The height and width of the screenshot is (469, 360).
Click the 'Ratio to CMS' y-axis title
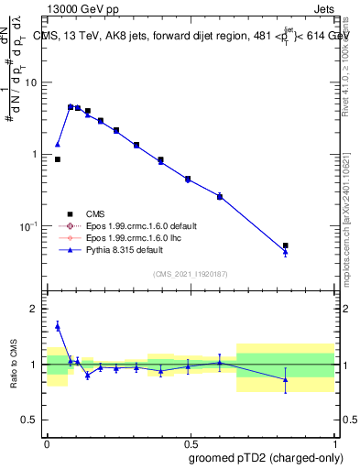coord(15,365)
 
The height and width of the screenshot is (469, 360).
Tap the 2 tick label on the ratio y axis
coord(34,310)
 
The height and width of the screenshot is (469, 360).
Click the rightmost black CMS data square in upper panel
coord(286,245)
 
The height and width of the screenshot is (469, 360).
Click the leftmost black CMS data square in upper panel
coord(58,159)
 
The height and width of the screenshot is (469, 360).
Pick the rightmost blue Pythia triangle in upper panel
coord(286,252)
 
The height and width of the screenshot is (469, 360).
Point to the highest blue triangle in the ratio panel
coord(58,325)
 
